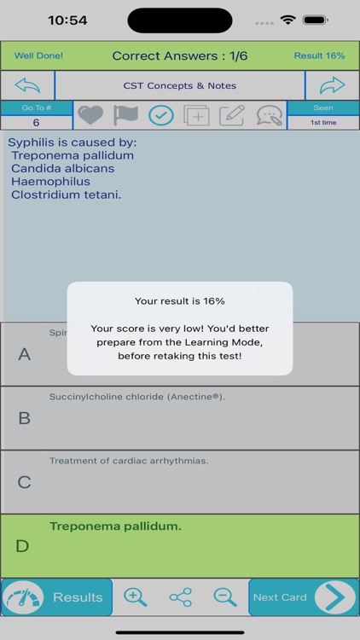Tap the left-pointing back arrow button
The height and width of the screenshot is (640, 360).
coord(27,85)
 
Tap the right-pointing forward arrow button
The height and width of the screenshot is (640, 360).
coord(332,85)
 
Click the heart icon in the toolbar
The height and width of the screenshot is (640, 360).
coord(90,115)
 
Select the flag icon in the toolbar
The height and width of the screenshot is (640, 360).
coord(125,115)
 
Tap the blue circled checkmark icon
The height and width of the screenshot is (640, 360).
coord(160,115)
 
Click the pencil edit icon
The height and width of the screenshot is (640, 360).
coord(231,115)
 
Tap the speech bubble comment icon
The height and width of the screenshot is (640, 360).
coord(269,115)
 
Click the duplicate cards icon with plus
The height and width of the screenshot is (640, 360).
coord(196,115)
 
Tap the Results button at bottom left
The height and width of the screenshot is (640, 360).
coord(57,597)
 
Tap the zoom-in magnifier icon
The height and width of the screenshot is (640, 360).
coord(136,597)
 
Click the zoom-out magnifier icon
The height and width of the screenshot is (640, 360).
coord(225,597)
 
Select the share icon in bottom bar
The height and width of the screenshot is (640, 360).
coord(180,597)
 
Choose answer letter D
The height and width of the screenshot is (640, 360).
coord(24,546)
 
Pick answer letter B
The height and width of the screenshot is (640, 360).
coord(24,418)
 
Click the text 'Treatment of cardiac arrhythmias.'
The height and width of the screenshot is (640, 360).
coord(129,461)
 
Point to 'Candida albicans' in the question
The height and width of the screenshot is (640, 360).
coord(62,168)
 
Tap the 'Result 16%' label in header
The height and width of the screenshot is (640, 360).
coord(319,55)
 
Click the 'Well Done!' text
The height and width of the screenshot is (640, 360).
coord(38,55)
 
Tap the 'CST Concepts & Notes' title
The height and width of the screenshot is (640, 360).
coord(180,85)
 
